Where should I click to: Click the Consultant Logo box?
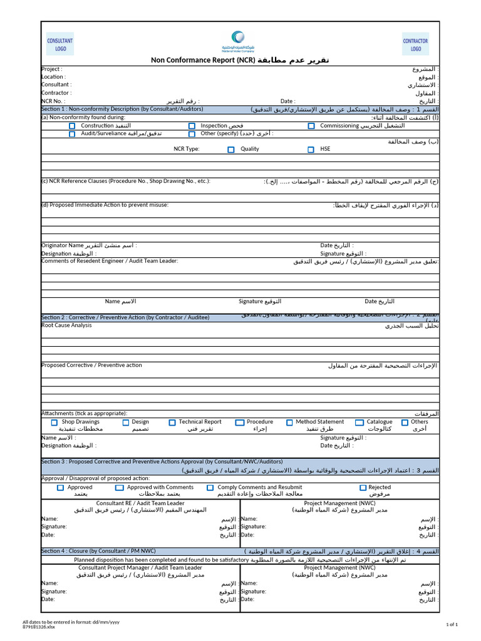59,44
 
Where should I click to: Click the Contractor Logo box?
415,44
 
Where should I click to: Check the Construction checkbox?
72,126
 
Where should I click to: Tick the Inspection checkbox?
192,126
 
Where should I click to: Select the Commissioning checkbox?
311,126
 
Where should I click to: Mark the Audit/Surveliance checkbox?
72,134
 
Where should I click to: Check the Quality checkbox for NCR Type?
230,150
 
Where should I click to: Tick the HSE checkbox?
311,150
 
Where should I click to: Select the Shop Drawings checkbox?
54,423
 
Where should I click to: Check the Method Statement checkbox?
289,423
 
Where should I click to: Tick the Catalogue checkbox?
359,423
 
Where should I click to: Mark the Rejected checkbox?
363,488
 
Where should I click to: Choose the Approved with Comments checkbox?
119,488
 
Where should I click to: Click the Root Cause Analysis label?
66,326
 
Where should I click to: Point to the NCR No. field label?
53,101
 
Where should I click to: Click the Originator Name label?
62,245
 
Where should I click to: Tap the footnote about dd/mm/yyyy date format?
71,622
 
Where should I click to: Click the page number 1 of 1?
452,624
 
